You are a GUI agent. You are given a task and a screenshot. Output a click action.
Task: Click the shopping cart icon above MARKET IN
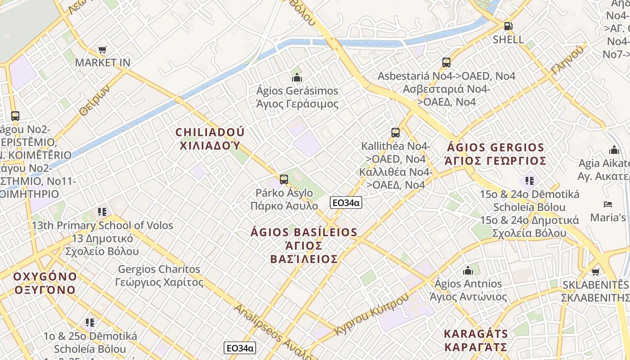pyautogui.click(x=103, y=49)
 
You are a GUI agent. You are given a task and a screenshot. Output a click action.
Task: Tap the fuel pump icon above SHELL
pyautogui.click(x=508, y=26)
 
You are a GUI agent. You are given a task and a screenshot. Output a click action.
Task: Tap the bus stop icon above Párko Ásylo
pyautogui.click(x=283, y=180)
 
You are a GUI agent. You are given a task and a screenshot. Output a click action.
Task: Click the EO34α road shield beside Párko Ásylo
pyautogui.click(x=346, y=202)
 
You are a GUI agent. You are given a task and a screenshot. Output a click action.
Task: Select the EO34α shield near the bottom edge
pyautogui.click(x=239, y=348)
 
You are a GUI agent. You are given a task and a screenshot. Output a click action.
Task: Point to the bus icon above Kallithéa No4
pyautogui.click(x=396, y=133)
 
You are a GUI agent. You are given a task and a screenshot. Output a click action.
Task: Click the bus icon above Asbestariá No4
pyautogui.click(x=446, y=63)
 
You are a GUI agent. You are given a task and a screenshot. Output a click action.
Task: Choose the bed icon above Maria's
pyautogui.click(x=608, y=204)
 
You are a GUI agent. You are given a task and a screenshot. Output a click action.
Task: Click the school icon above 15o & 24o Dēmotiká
pyautogui.click(x=529, y=181)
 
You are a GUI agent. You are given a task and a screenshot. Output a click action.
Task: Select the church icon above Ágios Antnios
pyautogui.click(x=468, y=270)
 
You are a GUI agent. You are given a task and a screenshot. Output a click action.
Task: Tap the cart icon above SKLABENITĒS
pyautogui.click(x=596, y=272)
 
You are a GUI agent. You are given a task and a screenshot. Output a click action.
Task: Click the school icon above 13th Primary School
pyautogui.click(x=102, y=211)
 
